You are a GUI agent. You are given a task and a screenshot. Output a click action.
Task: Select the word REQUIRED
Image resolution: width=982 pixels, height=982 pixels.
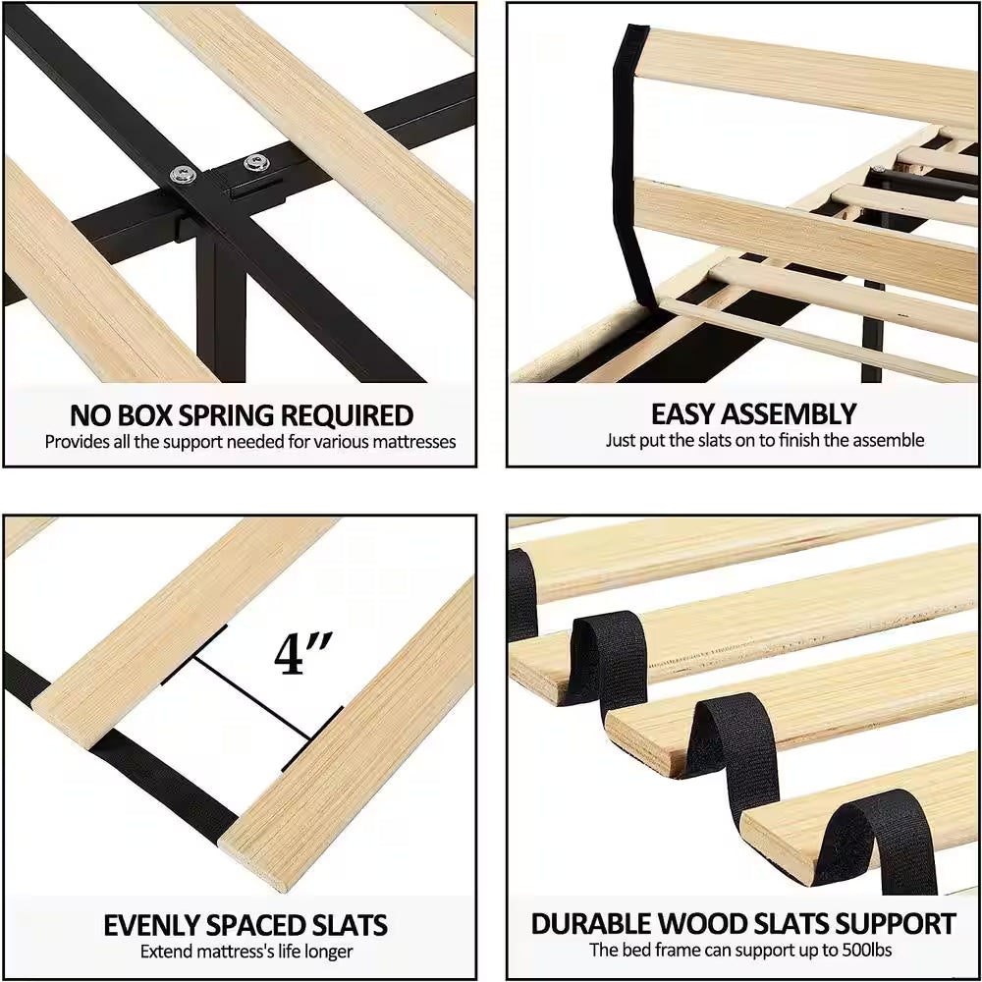347,415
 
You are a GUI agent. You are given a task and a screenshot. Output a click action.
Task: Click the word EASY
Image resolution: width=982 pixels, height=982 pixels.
682,414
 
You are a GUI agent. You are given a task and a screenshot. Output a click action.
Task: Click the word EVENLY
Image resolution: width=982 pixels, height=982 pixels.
151,925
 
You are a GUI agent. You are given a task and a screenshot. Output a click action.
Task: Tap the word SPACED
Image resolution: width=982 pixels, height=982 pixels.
256,925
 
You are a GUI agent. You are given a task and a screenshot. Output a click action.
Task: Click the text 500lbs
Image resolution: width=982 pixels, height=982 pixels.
867,950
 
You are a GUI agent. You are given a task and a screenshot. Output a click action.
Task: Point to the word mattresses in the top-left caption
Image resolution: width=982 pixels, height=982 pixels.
414,442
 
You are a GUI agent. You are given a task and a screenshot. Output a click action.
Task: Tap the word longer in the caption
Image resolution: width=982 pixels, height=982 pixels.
329,952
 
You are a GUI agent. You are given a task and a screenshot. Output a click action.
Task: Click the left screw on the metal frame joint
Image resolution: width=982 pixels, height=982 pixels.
183,175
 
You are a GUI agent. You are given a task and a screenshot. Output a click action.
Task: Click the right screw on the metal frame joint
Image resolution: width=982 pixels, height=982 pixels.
256,163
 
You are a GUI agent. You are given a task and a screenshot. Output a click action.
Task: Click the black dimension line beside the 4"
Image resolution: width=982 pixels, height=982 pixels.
251,697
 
